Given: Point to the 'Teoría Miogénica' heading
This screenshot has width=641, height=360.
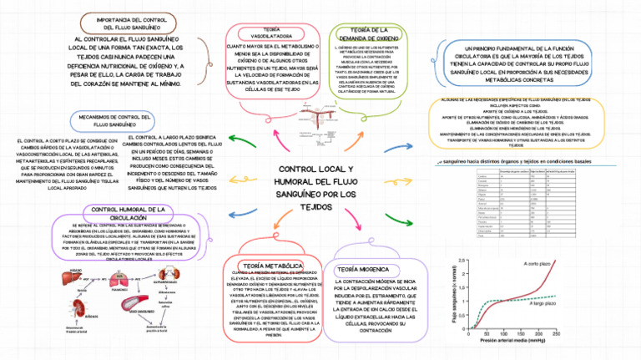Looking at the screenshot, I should pyautogui.click(x=365, y=269).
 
